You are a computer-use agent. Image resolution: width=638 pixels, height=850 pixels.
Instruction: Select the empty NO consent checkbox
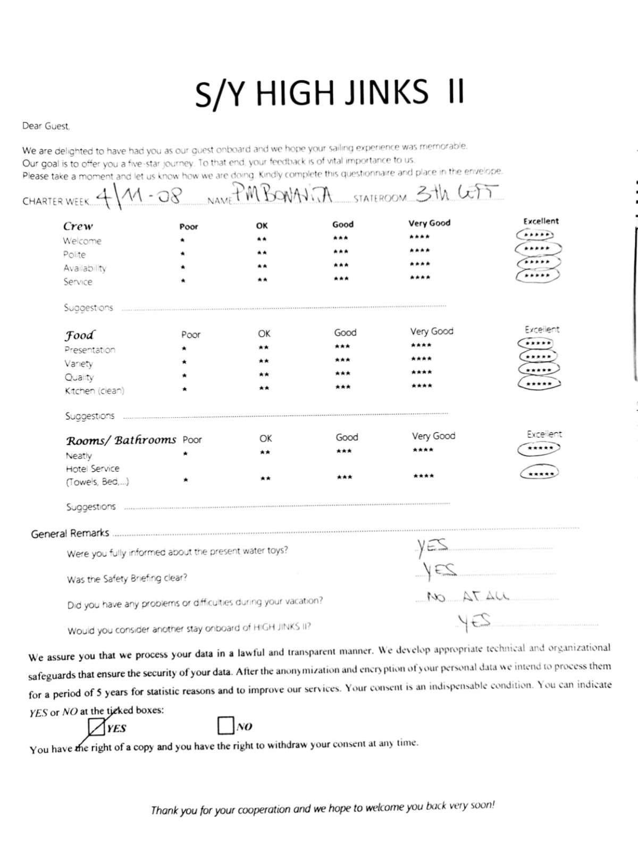(225, 724)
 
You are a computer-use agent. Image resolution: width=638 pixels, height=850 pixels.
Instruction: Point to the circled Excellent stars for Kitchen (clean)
(539, 383)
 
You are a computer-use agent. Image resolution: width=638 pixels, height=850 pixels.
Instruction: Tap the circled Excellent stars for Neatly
(539, 448)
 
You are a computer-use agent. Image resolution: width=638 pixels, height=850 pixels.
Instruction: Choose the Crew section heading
(78, 227)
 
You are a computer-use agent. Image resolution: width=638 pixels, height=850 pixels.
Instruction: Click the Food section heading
(80, 335)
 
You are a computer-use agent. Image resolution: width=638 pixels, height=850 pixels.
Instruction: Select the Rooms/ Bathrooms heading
(121, 440)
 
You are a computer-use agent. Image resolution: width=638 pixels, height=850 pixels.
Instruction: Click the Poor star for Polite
(182, 253)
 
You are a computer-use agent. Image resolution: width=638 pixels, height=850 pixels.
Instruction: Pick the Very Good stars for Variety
(421, 359)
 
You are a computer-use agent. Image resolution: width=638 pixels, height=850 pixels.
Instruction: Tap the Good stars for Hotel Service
(344, 477)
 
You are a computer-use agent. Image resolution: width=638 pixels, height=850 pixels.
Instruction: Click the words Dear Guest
(46, 126)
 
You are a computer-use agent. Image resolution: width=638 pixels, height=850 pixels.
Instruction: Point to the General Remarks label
(70, 534)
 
